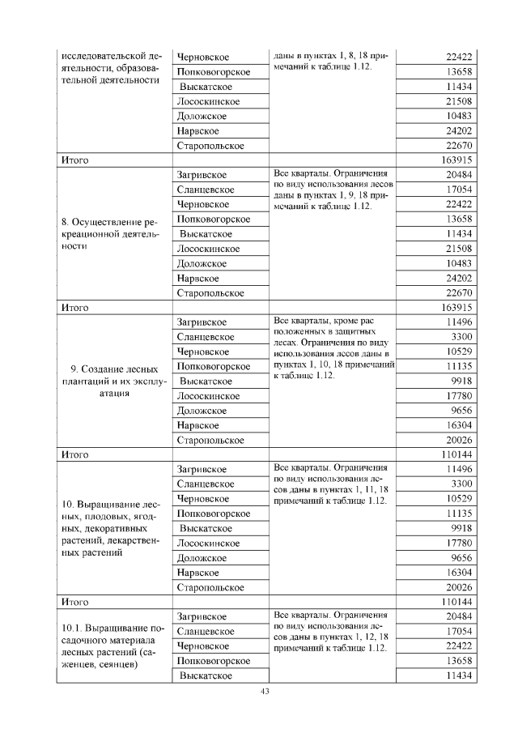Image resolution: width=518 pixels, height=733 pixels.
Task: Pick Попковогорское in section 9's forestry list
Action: tap(213, 366)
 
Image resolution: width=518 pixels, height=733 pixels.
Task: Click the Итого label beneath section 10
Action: tap(75, 602)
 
